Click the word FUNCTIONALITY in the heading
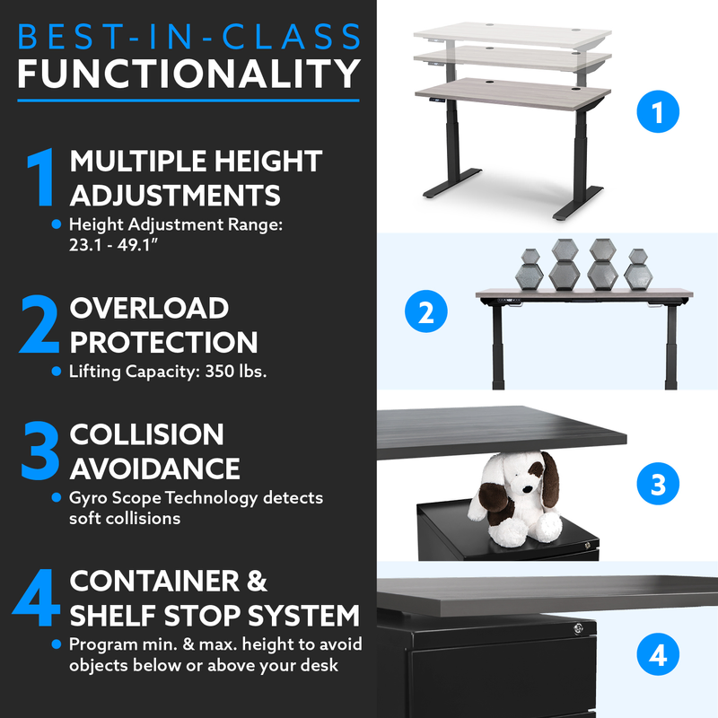click(x=188, y=74)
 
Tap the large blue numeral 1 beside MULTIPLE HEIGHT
click(x=41, y=177)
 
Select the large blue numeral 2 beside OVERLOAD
click(x=39, y=324)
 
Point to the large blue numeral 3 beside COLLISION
click(x=40, y=451)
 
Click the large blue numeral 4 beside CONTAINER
click(x=37, y=597)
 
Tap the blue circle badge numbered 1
click(x=658, y=111)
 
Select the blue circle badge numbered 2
click(x=425, y=311)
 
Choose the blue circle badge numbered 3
click(x=658, y=484)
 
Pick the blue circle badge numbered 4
click(x=658, y=654)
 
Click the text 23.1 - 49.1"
click(x=113, y=245)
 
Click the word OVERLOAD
click(x=149, y=308)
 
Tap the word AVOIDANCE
click(x=154, y=468)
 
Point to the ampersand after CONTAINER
click(x=257, y=581)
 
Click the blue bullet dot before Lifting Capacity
click(x=57, y=372)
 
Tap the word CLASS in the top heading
click(x=293, y=37)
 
